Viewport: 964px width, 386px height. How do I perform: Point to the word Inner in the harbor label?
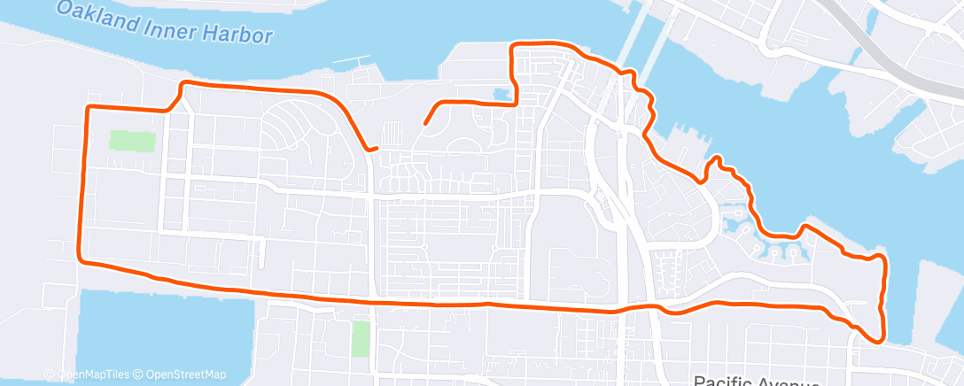tap(168, 25)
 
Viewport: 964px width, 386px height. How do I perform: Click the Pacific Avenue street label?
tap(753, 381)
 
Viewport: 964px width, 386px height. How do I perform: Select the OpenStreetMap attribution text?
tap(185, 374)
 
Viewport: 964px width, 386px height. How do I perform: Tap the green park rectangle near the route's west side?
tap(132, 141)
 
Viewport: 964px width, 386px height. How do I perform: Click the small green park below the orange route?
tap(361, 339)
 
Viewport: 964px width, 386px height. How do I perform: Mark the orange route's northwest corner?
tap(88, 107)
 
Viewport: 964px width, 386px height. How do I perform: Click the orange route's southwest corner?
tap(82, 259)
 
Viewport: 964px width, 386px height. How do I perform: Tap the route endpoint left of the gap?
tap(377, 149)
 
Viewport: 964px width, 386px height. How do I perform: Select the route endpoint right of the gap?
tap(425, 124)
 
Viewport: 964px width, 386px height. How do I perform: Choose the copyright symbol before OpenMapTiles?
tap(52, 374)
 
